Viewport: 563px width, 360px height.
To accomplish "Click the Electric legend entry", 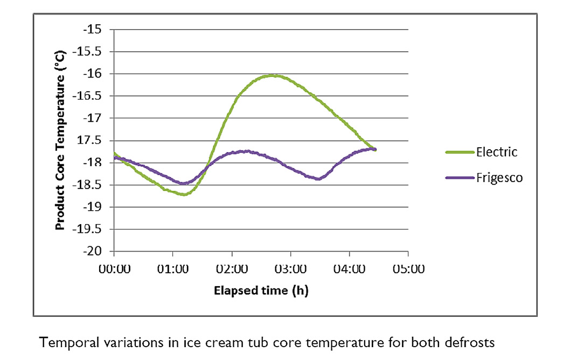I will pyautogui.click(x=496, y=152).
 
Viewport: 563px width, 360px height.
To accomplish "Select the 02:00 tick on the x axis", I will pyautogui.click(x=232, y=267).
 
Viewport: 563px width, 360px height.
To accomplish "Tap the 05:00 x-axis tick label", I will pyautogui.click(x=408, y=267).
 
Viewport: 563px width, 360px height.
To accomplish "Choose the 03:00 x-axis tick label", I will pyautogui.click(x=290, y=267).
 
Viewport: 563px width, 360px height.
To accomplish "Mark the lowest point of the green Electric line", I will pyautogui.click(x=184, y=194).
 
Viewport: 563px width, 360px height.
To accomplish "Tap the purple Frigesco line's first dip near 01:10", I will pyautogui.click(x=183, y=184).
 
